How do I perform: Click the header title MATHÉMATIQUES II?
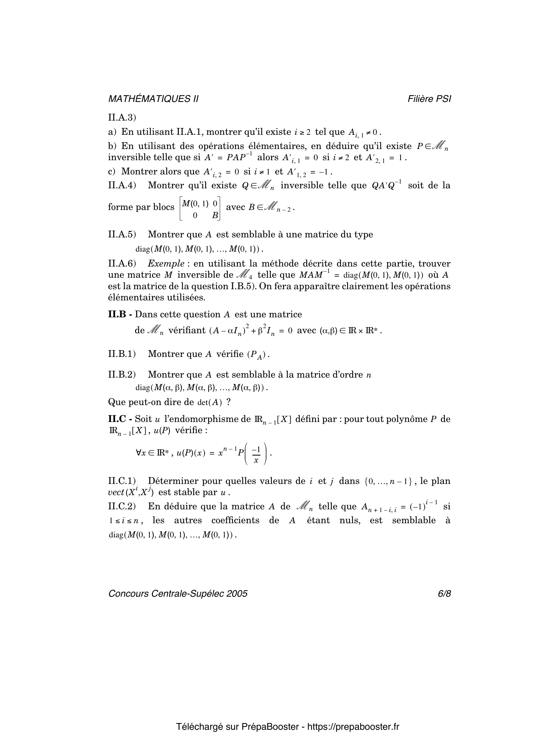tap(153, 99)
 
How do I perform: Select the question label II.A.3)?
tap(122, 118)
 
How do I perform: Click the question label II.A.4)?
tap(122, 186)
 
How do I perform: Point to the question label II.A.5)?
tap(122, 234)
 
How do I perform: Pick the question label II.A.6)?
tap(122, 263)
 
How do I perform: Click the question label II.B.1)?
tap(122, 354)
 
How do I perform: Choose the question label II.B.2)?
tap(122, 375)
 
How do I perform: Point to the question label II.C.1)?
tap(122, 481)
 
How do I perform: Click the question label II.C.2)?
tap(122, 506)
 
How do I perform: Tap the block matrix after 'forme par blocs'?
tap(200, 209)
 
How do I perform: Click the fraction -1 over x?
tap(256, 454)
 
